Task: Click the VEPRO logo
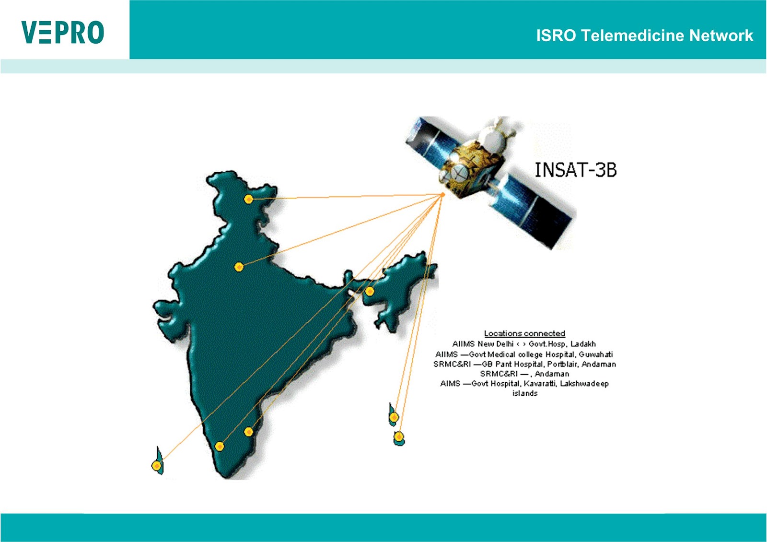[x=63, y=32]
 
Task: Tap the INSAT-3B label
[x=575, y=170]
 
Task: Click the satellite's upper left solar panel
[x=427, y=136]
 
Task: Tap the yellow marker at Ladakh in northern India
[x=248, y=199]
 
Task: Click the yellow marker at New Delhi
[x=239, y=267]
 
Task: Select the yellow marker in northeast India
[x=369, y=291]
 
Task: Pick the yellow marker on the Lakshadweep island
[x=156, y=466]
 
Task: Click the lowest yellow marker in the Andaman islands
[x=399, y=437]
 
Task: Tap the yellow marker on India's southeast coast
[x=248, y=432]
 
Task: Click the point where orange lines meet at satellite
[x=442, y=194]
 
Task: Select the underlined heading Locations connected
[x=524, y=333]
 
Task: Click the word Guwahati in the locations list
[x=595, y=354]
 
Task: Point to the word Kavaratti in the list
[x=540, y=384]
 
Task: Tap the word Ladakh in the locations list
[x=583, y=344]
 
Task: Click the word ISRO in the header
[x=556, y=35]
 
